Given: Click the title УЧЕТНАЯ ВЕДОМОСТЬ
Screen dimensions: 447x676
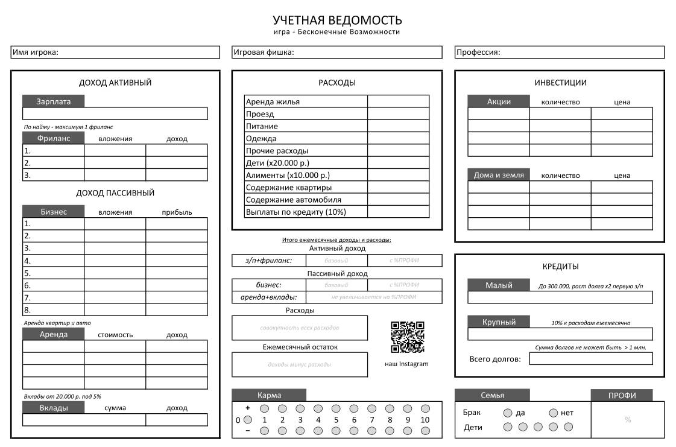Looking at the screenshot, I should click(337, 21).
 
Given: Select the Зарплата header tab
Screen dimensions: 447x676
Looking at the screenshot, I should click(54, 101).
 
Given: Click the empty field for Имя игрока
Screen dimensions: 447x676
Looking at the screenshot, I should click(139, 52).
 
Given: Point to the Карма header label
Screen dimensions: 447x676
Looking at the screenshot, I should click(269, 395).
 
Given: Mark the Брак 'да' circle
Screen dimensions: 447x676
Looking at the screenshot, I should click(508, 413).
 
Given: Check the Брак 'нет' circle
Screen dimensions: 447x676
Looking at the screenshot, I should click(554, 413).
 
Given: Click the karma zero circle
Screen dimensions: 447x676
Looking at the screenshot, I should click(247, 420).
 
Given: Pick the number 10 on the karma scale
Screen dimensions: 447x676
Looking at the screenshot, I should click(425, 420).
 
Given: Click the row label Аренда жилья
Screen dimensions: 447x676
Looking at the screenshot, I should click(273, 101).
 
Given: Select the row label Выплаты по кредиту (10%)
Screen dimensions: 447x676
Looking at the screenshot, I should click(296, 212).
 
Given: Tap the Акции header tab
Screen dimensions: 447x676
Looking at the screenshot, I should click(499, 101).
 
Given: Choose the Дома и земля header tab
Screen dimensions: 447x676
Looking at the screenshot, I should click(499, 175).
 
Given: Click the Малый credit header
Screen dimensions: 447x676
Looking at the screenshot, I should click(499, 285).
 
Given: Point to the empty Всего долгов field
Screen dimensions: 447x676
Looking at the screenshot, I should click(590, 359).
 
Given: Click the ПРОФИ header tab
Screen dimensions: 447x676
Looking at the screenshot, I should click(622, 395).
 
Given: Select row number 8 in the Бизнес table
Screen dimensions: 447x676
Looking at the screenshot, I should click(27, 310).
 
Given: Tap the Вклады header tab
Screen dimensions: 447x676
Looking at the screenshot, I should click(54, 408).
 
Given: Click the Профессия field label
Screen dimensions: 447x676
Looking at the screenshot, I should click(478, 52).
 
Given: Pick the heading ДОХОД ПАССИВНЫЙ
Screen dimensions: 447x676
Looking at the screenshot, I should click(115, 193).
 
